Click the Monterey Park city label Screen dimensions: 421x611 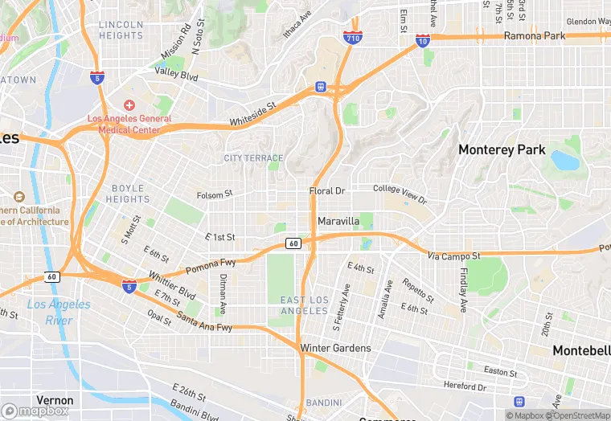coord(502,150)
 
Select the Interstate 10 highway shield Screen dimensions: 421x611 coord(423,40)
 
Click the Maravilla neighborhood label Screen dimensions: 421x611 coord(338,220)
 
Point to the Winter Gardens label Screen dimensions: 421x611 coord(335,348)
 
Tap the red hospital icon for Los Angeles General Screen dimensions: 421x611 coord(129,106)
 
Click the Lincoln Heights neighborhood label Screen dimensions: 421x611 coord(121,30)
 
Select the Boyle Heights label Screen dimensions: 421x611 coord(128,194)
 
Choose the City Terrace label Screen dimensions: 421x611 coord(253,158)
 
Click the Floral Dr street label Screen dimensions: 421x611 coord(326,191)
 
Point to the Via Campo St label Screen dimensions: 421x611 coord(453,255)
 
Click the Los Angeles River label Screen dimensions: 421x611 coord(59,312)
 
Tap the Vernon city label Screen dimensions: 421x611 coord(55,400)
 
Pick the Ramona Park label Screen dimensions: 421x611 coord(534,36)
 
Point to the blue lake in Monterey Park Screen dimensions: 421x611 coord(565,161)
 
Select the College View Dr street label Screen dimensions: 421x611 coord(400,194)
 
